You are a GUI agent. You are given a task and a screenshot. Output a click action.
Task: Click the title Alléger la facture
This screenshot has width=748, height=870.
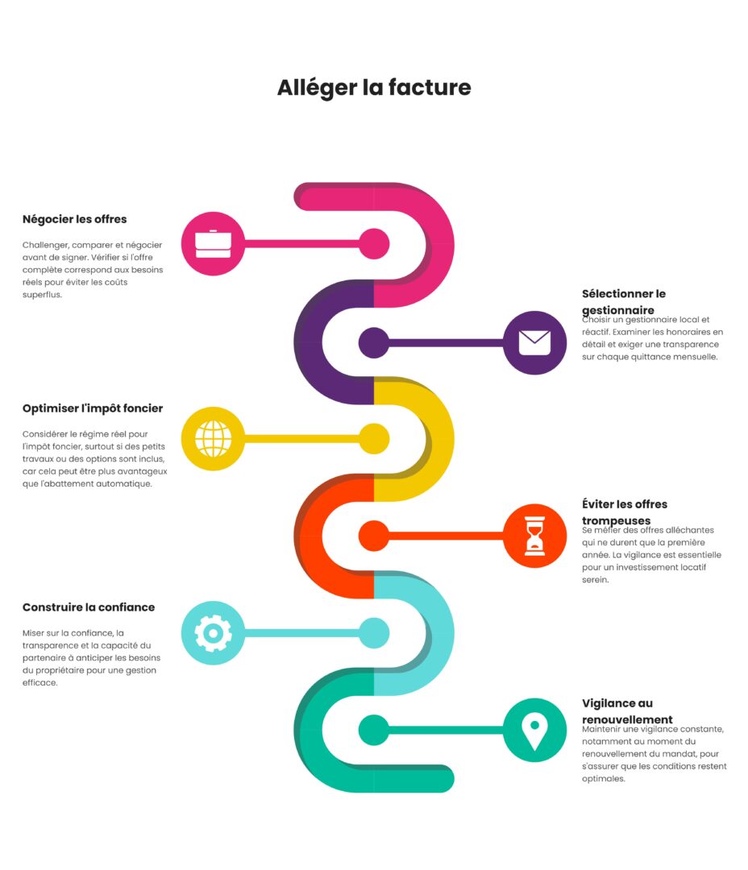click(x=374, y=87)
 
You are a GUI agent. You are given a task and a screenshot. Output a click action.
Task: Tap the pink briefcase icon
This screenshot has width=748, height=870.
click(x=213, y=243)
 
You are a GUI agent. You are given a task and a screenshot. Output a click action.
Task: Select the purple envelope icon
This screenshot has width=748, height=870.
click(x=534, y=342)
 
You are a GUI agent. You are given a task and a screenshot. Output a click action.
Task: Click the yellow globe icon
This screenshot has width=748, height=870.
click(x=213, y=439)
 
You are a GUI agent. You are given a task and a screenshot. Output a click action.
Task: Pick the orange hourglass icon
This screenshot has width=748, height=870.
click(x=534, y=536)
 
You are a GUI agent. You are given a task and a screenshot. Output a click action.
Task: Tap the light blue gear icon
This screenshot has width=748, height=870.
click(x=213, y=633)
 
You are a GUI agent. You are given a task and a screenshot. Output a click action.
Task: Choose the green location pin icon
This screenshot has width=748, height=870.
click(x=534, y=730)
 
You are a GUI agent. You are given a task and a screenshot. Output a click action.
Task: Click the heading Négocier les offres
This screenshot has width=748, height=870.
click(x=74, y=219)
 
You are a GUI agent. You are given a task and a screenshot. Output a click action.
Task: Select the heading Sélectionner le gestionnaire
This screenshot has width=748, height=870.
click(x=623, y=302)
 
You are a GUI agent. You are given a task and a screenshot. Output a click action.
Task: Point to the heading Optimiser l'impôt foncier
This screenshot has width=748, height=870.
click(x=93, y=408)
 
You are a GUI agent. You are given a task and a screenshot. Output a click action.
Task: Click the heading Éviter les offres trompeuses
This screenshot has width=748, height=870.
click(x=624, y=512)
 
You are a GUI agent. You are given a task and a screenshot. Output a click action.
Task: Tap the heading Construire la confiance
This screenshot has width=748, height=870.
click(x=89, y=607)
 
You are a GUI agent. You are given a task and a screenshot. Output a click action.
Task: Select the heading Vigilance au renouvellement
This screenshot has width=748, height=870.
click(x=627, y=711)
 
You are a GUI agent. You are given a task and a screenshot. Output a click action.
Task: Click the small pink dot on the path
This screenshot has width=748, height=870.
click(x=374, y=243)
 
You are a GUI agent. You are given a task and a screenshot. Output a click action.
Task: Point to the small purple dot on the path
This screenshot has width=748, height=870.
click(x=374, y=342)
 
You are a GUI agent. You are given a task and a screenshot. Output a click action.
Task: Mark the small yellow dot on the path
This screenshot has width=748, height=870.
click(x=374, y=439)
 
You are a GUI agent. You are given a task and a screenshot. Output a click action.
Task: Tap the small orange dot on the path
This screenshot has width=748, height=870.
click(x=374, y=536)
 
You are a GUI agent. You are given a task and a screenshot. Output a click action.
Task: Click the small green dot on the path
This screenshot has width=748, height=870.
click(x=374, y=730)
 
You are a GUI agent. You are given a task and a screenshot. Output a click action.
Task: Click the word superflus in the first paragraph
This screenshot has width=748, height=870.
click(x=42, y=295)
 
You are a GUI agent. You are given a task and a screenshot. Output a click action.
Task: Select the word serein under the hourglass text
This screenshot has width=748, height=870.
click(x=595, y=579)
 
